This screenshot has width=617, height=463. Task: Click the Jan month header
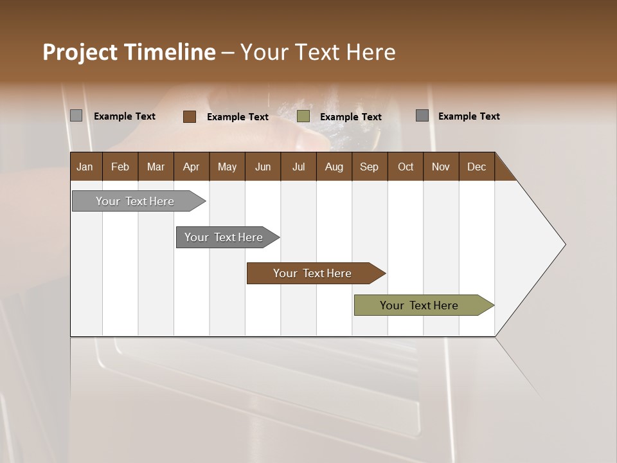85,167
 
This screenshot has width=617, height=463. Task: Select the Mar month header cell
156,167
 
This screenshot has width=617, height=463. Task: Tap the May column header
227,167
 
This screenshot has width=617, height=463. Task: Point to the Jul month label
298,167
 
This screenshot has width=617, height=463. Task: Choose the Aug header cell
334,167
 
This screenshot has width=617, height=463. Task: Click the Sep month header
369,167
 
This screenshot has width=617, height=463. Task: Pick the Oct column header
406,167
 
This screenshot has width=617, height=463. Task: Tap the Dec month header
476,167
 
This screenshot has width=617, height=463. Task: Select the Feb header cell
120,167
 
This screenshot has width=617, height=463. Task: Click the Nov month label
440,167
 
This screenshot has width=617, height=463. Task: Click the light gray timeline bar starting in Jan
136,201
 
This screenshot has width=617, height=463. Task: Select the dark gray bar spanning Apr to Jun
224,237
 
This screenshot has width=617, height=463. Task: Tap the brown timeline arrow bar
313,273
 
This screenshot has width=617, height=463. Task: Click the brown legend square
190,116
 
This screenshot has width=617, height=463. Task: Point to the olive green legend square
303,116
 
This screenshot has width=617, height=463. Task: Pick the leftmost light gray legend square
76,116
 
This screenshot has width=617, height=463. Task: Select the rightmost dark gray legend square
422,116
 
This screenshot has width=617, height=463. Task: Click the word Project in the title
79,52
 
